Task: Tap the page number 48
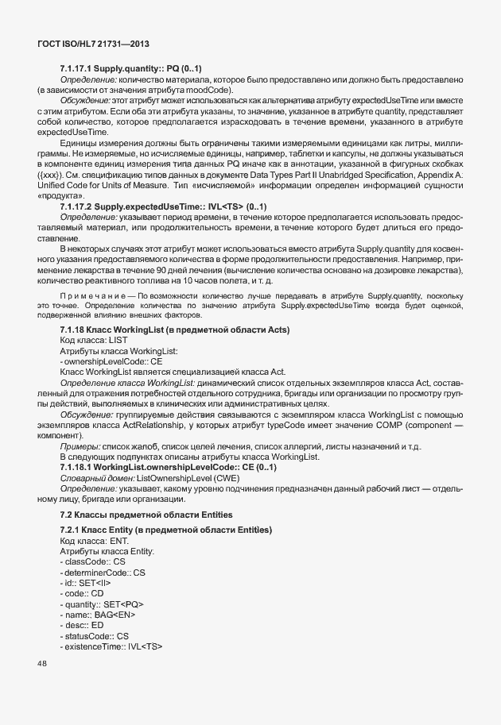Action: click(43, 663)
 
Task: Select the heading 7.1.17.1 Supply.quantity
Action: click(131, 69)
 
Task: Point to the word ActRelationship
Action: click(160, 426)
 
